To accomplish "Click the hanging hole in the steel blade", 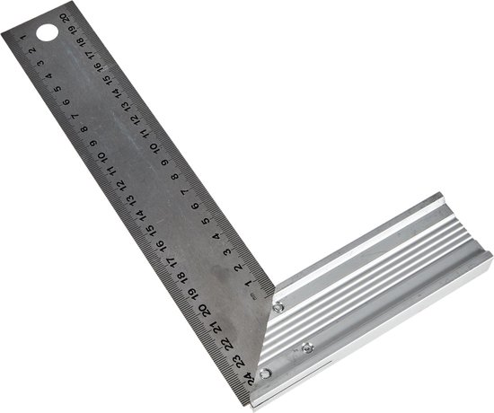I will (x=44, y=34).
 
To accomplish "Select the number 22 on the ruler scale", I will (x=228, y=344).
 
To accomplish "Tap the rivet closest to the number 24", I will (x=263, y=373).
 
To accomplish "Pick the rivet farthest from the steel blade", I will (x=308, y=347).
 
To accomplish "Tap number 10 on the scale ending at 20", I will (x=155, y=145).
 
